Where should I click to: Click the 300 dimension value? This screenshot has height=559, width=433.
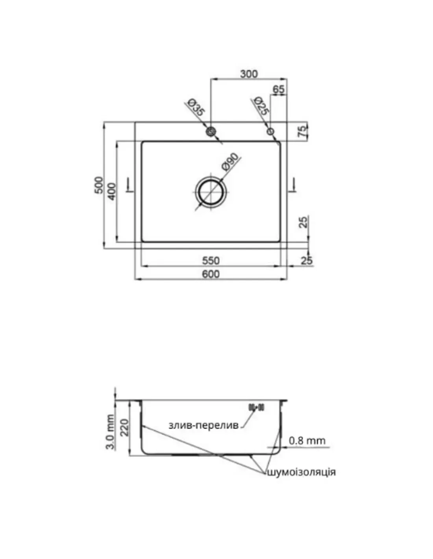click(248, 74)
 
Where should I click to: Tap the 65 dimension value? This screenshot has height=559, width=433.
click(278, 89)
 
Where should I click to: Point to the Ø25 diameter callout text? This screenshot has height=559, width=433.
click(261, 106)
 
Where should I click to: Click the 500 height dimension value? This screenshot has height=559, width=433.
click(99, 185)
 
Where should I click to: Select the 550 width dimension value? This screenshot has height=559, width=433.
click(211, 261)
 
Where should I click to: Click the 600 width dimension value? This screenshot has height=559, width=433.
click(211, 274)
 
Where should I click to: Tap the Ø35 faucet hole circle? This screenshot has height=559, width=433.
click(211, 132)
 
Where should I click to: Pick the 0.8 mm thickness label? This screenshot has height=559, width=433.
click(307, 441)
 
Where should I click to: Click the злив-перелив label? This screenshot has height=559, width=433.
click(204, 425)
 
